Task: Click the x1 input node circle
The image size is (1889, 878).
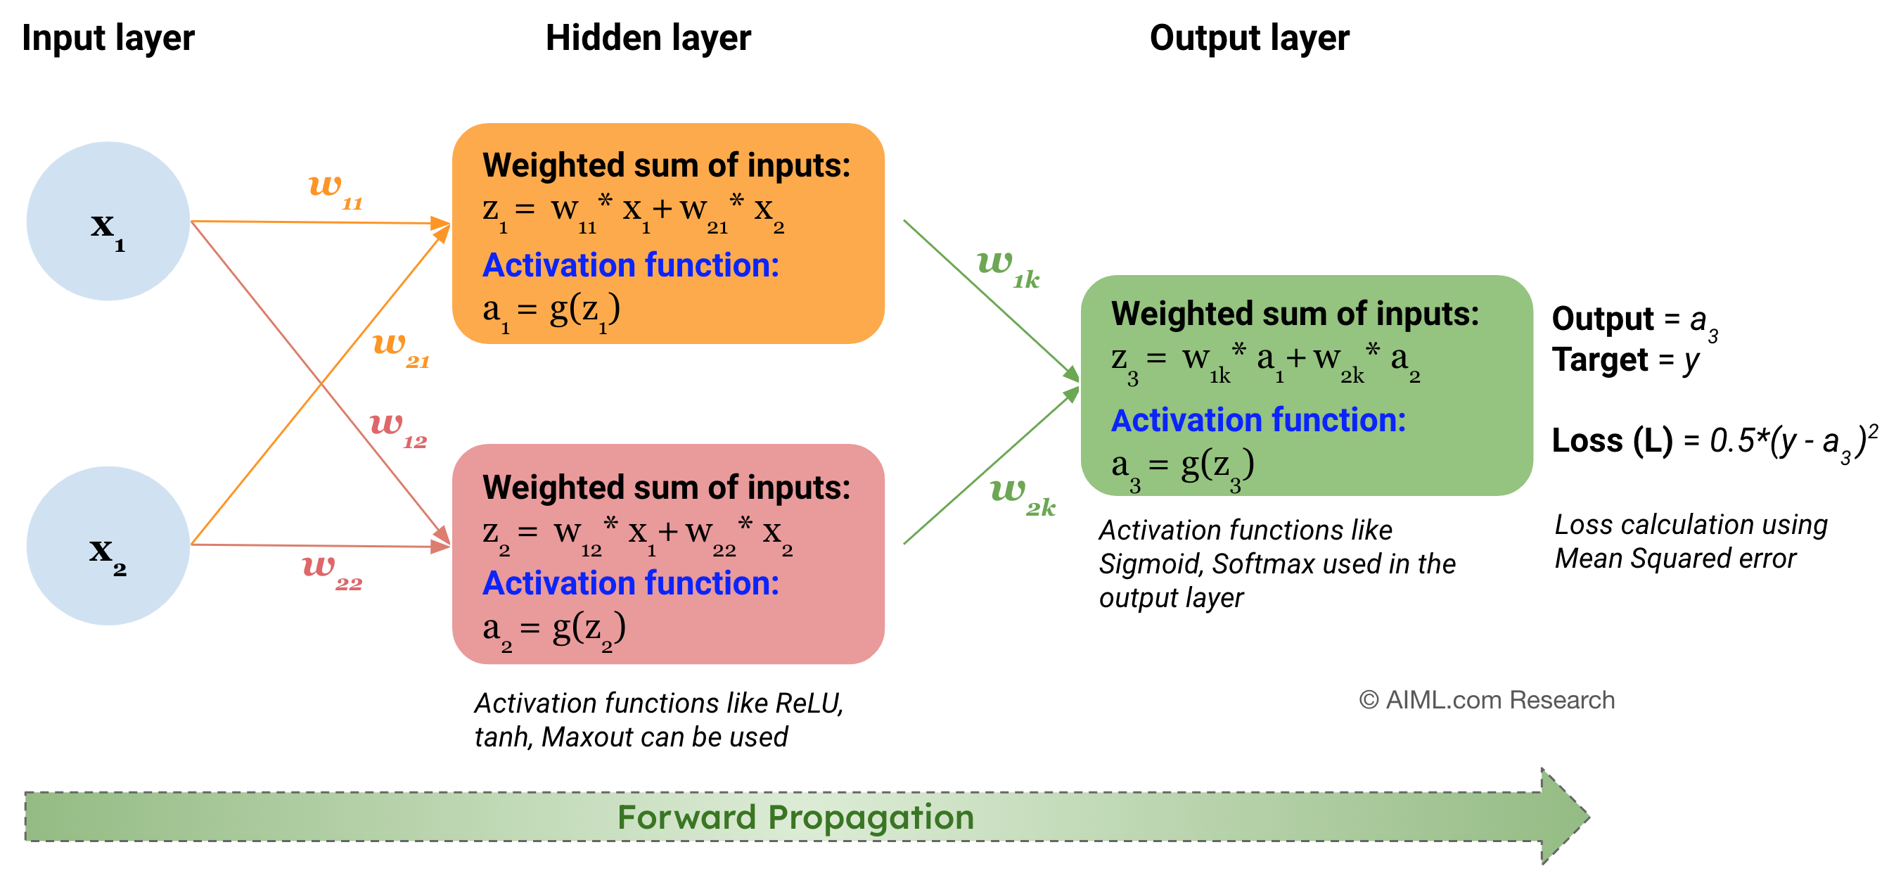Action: pyautogui.click(x=108, y=221)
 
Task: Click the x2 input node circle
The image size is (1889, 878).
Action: pyautogui.click(x=108, y=546)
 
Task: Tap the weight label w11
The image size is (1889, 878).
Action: pyautogui.click(x=334, y=189)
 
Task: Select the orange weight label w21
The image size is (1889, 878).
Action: pyautogui.click(x=399, y=348)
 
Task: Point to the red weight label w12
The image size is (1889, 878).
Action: pyautogui.click(x=397, y=428)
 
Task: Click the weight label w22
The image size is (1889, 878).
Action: pyautogui.click(x=331, y=570)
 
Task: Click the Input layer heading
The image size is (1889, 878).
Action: pyautogui.click(x=108, y=37)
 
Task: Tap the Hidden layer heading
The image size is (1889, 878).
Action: pyautogui.click(x=648, y=37)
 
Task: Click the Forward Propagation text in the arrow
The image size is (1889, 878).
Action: pyautogui.click(x=795, y=816)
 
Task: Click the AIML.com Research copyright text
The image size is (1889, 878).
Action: pyautogui.click(x=1487, y=699)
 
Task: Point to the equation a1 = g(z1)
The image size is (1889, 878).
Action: pyautogui.click(x=551, y=311)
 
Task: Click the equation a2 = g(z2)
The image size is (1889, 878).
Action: pyautogui.click(x=553, y=630)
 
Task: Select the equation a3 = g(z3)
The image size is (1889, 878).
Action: pyautogui.click(x=1182, y=466)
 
